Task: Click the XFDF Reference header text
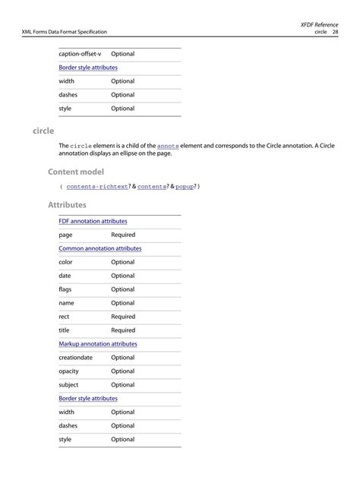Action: coord(320,24)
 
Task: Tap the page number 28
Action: coord(334,32)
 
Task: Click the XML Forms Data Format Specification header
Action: coord(65,32)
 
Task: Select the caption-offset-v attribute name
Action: coord(80,54)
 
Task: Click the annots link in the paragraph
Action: coord(168,145)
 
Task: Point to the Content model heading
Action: coord(76,172)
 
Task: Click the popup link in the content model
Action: coord(185,187)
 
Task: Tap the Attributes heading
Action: coord(67,205)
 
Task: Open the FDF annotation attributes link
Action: coord(93,221)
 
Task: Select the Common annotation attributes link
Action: coord(99,248)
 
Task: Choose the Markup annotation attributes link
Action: coord(98,344)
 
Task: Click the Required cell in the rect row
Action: coord(123,317)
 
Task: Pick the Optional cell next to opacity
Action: coord(122,371)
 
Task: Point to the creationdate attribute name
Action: coord(75,358)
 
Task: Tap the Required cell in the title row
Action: coord(123,330)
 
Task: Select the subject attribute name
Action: coord(68,385)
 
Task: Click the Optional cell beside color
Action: coord(122,262)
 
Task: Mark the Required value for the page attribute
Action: coord(123,235)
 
